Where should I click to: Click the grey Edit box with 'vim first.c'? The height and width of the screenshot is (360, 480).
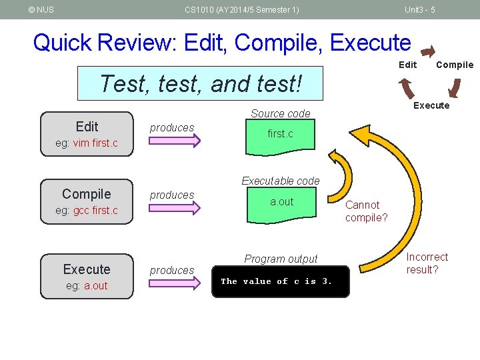[87, 134]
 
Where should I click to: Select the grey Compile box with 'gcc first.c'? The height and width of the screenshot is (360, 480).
[87, 201]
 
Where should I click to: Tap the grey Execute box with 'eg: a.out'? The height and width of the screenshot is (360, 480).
[87, 277]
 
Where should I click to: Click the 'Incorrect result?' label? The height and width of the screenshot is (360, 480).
[427, 263]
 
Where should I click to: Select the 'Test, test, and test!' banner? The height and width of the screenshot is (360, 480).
[200, 83]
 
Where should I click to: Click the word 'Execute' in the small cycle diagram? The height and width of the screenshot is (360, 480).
[431, 105]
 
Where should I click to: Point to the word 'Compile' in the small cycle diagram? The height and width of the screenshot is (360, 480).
[454, 65]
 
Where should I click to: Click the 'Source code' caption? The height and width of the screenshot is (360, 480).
[281, 113]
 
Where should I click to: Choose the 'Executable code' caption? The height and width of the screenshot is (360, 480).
[281, 181]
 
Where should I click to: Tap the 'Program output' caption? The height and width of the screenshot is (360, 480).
[281, 259]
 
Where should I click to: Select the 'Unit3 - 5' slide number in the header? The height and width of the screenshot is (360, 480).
[420, 9]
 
